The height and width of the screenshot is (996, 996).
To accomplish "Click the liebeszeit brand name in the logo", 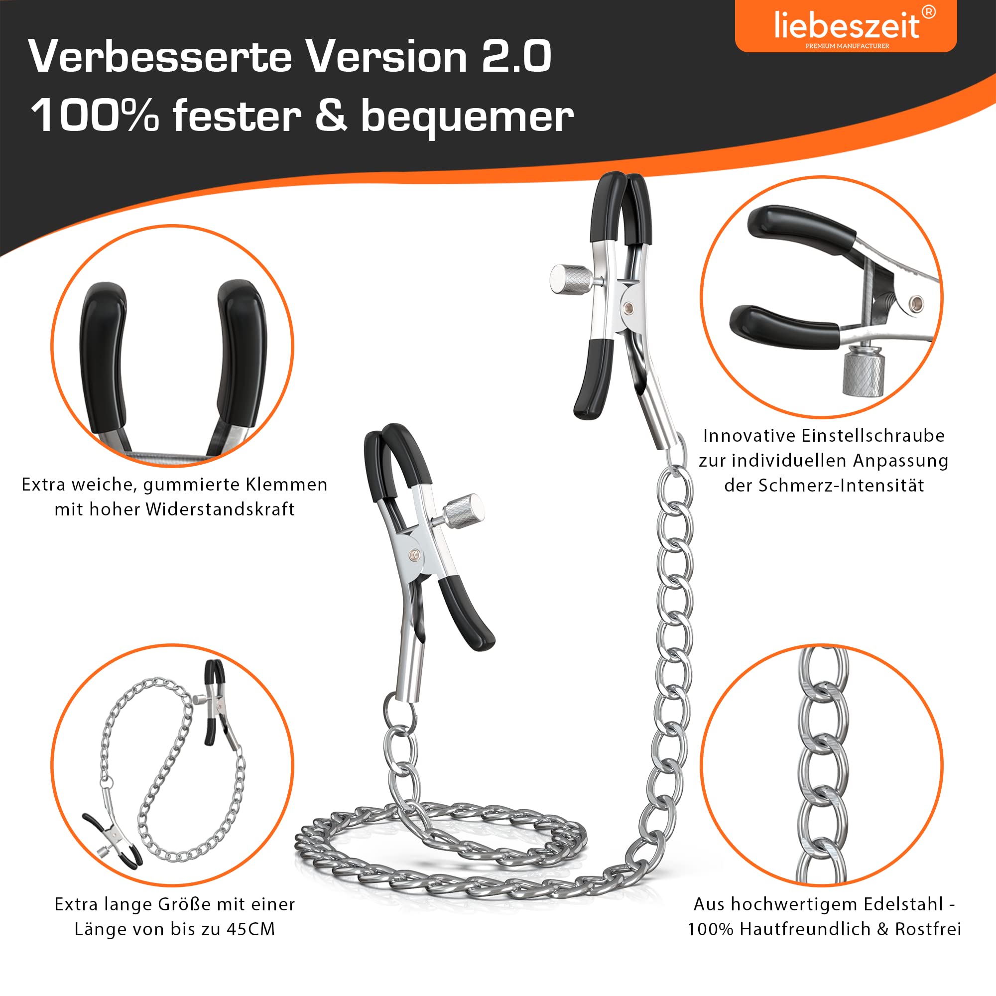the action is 846,25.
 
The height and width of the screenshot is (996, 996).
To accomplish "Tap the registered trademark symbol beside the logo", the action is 928,12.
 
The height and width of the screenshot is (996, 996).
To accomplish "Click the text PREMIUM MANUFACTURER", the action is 847,46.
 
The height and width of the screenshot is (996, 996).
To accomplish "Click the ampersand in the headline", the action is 331,115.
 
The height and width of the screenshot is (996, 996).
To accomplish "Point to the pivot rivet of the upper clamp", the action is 628,308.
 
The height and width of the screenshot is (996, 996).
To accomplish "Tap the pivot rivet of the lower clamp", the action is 414,555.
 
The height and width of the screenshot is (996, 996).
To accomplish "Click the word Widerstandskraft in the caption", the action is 220,509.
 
